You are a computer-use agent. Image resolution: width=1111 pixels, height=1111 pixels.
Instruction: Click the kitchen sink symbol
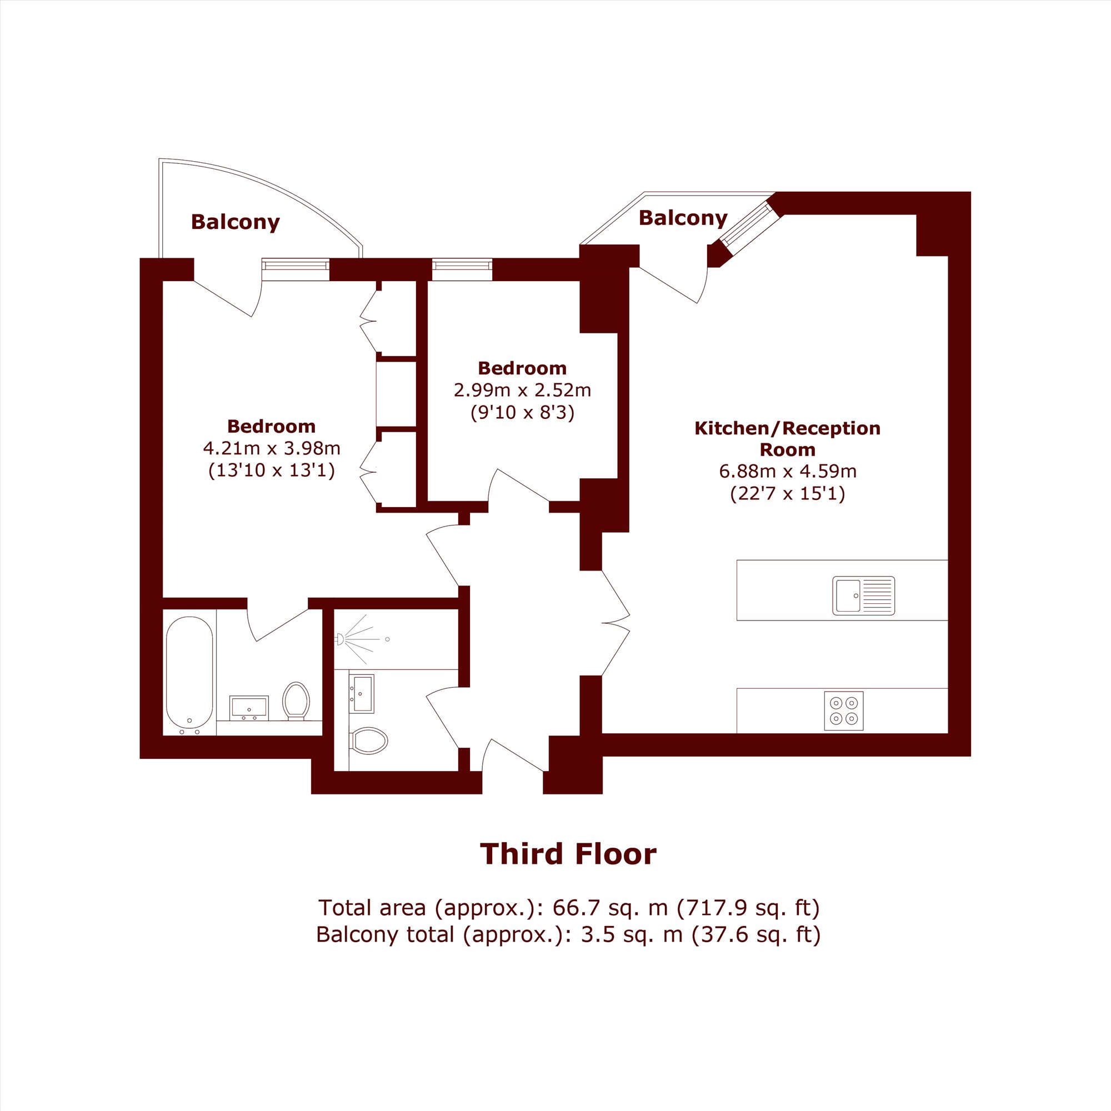tap(864, 595)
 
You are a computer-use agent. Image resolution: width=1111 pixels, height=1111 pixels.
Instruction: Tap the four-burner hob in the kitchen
tap(844, 711)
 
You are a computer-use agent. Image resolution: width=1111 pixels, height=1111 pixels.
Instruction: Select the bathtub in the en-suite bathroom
tap(189, 672)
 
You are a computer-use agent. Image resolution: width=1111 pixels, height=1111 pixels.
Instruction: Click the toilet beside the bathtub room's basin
tap(296, 701)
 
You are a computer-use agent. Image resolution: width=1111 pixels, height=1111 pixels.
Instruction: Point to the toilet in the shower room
tap(369, 740)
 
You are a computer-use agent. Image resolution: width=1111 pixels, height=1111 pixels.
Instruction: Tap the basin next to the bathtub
tap(249, 708)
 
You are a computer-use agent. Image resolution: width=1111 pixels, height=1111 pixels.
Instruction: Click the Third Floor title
tap(568, 854)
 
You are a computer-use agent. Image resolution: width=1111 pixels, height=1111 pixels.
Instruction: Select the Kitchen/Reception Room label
tap(787, 439)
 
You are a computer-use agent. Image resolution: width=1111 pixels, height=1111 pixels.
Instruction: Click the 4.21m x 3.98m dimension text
tap(272, 448)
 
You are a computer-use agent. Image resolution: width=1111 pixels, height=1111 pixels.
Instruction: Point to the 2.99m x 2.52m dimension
tap(522, 391)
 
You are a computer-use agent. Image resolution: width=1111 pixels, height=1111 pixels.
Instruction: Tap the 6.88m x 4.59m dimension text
tap(788, 472)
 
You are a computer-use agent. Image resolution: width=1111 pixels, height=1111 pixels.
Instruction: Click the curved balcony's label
tap(235, 222)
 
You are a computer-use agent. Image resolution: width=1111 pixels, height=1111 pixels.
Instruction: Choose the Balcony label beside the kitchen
tap(683, 218)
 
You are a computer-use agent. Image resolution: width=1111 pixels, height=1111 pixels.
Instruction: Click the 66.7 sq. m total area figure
tap(610, 908)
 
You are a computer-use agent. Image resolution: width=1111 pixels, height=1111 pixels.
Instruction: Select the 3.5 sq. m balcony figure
tap(632, 934)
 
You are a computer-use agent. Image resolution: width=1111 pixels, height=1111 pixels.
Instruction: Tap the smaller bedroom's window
tap(462, 269)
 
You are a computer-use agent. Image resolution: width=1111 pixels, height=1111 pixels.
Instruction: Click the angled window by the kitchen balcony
tap(750, 224)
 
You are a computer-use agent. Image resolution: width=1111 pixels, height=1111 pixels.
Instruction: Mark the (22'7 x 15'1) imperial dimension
tap(788, 494)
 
